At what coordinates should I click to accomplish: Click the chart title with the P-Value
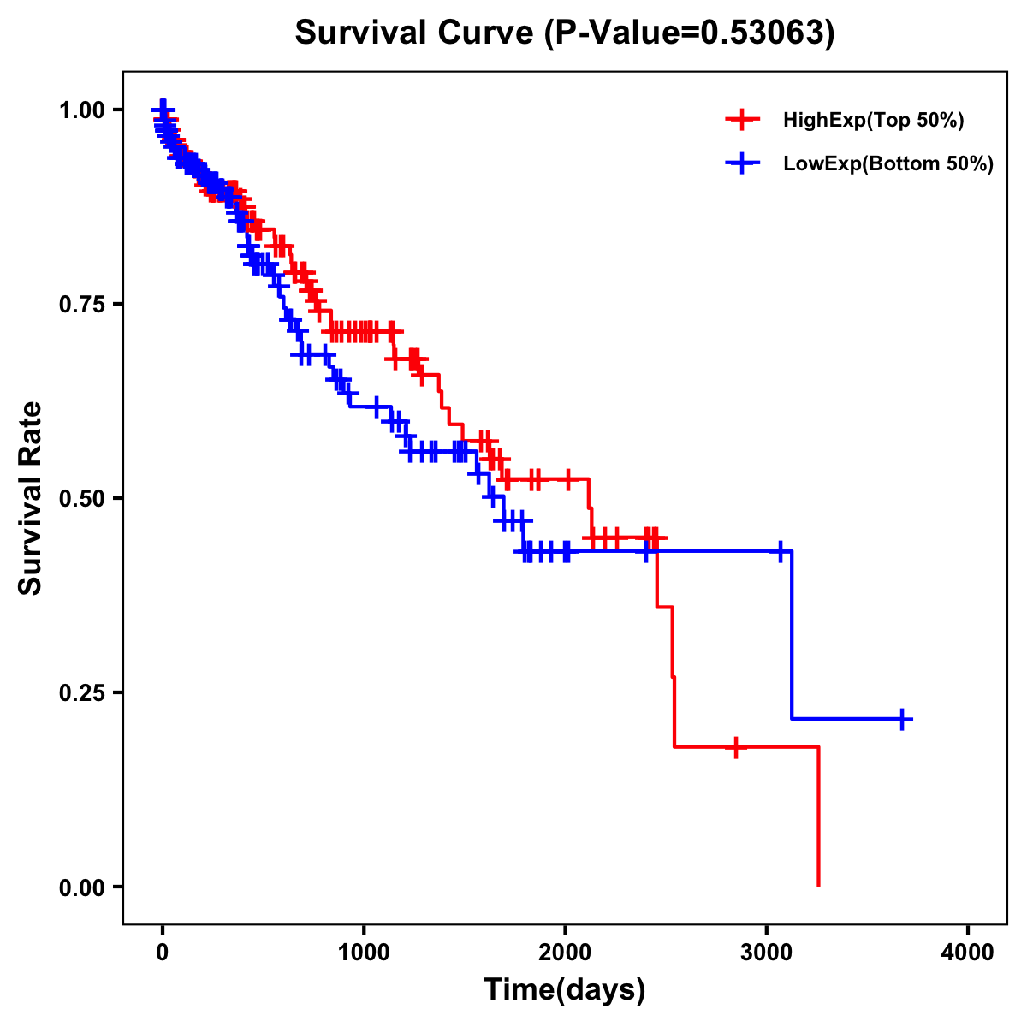[564, 33]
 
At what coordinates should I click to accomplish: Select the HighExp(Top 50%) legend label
[874, 121]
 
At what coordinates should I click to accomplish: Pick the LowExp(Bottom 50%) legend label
[888, 164]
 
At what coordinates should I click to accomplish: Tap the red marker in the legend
[742, 120]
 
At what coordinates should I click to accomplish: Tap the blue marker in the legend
[742, 163]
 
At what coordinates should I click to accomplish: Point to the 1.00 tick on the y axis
[81, 110]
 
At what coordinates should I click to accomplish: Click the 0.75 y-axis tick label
[81, 304]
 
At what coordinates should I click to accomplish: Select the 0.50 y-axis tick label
[81, 498]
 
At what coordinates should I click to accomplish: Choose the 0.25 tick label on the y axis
[81, 692]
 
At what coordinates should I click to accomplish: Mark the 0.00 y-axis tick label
[81, 887]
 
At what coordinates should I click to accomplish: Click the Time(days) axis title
[565, 990]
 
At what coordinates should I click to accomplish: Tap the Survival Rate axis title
[31, 498]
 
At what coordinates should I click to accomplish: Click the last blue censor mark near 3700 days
[902, 719]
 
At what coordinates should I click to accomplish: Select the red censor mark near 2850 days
[735, 747]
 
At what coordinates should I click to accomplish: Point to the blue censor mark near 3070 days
[780, 551]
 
